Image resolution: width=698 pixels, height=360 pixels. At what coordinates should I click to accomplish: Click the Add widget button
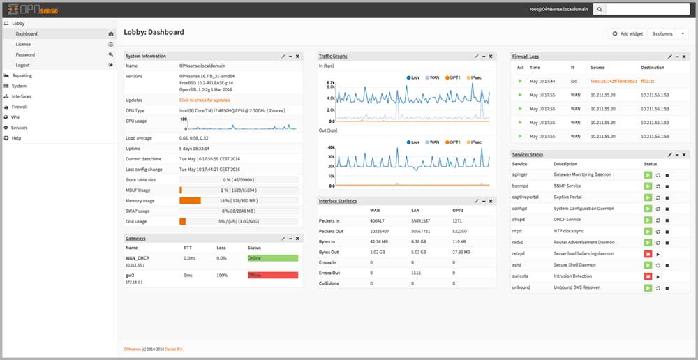tap(628, 33)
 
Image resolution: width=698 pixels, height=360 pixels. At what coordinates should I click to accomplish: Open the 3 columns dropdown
tap(668, 33)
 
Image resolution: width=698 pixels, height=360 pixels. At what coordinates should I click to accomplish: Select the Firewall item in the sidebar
tap(20, 107)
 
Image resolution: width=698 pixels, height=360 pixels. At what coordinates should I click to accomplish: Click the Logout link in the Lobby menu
tap(23, 65)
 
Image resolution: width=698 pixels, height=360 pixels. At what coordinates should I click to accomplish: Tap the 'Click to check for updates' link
tap(205, 100)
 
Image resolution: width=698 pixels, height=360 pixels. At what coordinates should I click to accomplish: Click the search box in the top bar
tap(646, 10)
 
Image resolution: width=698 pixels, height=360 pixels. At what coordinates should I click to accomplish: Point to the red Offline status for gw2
tap(272, 276)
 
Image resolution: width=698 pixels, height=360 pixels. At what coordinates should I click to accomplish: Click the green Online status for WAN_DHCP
tap(272, 258)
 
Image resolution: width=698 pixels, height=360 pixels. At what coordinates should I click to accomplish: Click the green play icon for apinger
tap(648, 174)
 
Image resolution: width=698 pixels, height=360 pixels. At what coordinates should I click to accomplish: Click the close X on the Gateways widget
tap(297, 239)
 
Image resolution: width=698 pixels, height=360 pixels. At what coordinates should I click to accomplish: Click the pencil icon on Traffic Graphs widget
tap(476, 56)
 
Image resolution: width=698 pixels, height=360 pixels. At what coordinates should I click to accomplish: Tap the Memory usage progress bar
tap(239, 201)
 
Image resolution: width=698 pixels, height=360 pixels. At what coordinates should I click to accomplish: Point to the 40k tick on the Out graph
tap(332, 147)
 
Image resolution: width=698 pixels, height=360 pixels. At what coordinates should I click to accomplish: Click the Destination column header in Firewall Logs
tap(653, 68)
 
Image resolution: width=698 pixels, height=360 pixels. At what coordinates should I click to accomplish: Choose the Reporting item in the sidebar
tap(22, 75)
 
